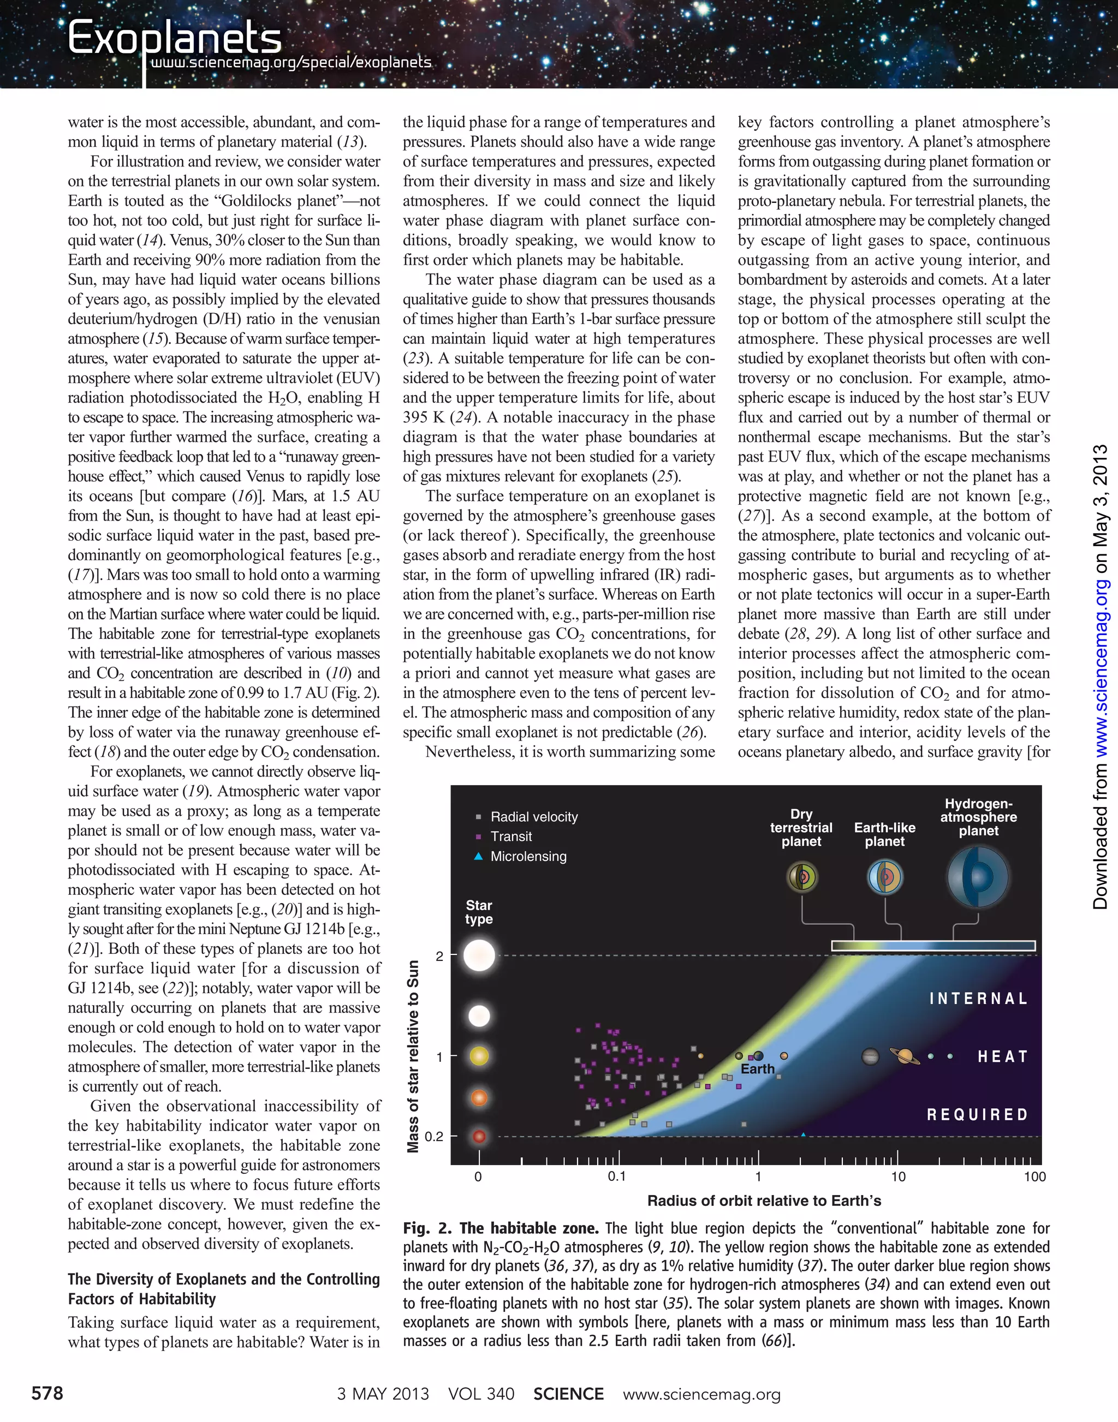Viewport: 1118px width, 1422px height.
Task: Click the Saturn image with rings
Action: (905, 1055)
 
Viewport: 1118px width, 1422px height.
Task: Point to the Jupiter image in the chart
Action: (870, 1056)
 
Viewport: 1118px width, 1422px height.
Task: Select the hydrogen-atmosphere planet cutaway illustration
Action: (978, 877)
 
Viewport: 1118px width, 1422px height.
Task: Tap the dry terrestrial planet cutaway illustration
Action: (802, 877)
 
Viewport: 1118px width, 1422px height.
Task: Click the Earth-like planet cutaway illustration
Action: (885, 877)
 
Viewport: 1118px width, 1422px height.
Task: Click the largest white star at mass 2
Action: (479, 955)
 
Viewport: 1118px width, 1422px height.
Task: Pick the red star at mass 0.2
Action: (479, 1136)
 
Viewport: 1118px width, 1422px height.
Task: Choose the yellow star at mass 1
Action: (479, 1056)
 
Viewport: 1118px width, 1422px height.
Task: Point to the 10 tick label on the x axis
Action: (898, 1176)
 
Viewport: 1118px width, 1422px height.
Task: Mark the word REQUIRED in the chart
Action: (977, 1114)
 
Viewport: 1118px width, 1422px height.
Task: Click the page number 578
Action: (47, 1393)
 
